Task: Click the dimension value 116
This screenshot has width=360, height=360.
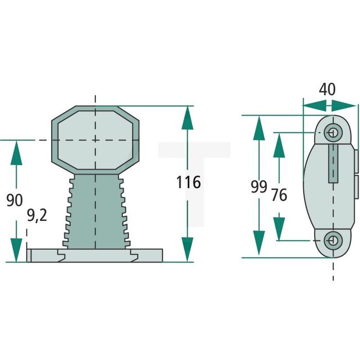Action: (188, 182)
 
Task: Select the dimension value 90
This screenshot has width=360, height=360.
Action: (15, 200)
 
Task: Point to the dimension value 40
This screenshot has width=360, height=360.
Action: (327, 90)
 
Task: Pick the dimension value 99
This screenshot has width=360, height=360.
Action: (259, 187)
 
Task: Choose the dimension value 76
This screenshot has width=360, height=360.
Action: (280, 194)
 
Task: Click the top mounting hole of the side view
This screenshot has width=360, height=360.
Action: (332, 132)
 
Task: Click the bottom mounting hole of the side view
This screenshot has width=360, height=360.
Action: (332, 240)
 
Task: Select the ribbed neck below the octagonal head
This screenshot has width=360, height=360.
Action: (95, 210)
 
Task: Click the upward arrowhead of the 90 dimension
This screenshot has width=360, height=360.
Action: (17, 151)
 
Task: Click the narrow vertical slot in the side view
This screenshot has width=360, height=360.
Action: (333, 163)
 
